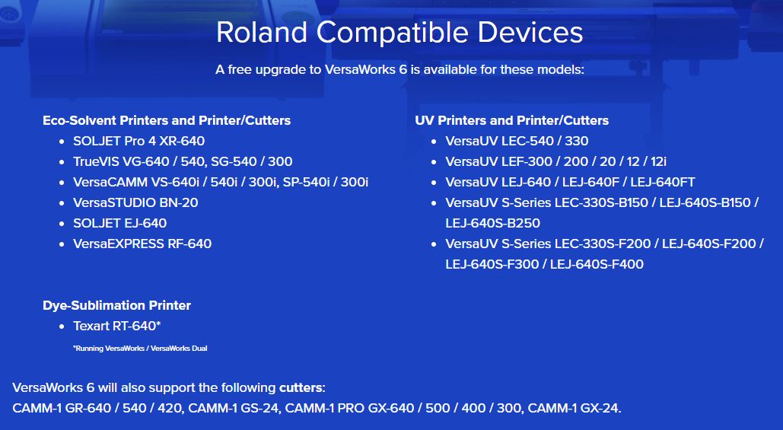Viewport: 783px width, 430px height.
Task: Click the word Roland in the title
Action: [x=262, y=33]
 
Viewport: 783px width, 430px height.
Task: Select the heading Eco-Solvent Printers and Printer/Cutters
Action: [x=167, y=120]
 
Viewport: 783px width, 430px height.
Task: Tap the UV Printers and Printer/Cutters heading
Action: [x=512, y=120]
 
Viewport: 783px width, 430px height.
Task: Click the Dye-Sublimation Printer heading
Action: [x=117, y=305]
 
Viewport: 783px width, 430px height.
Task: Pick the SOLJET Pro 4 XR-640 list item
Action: [x=138, y=141]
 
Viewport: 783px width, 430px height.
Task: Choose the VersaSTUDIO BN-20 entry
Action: [x=135, y=202]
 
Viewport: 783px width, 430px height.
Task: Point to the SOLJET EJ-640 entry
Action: [x=120, y=223]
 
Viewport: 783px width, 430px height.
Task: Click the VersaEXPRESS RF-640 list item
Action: [x=142, y=244]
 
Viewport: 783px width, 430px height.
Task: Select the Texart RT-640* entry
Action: [x=117, y=326]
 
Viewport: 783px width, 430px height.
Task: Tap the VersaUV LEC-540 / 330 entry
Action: [x=517, y=141]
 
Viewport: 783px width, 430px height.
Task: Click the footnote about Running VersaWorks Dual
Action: [x=140, y=348]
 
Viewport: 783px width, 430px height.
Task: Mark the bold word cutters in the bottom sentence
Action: [x=301, y=387]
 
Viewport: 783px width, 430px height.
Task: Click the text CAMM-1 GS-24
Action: [x=233, y=408]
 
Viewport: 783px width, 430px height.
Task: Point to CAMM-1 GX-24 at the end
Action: [x=573, y=408]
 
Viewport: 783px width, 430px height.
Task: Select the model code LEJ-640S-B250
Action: [x=493, y=223]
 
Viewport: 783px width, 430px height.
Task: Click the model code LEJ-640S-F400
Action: [x=597, y=263]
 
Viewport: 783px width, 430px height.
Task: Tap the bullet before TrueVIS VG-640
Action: [x=62, y=162]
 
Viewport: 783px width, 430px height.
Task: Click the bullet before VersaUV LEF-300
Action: [x=434, y=162]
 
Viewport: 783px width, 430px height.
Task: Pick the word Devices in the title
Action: [x=530, y=33]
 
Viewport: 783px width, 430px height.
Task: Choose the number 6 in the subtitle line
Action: [x=403, y=69]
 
